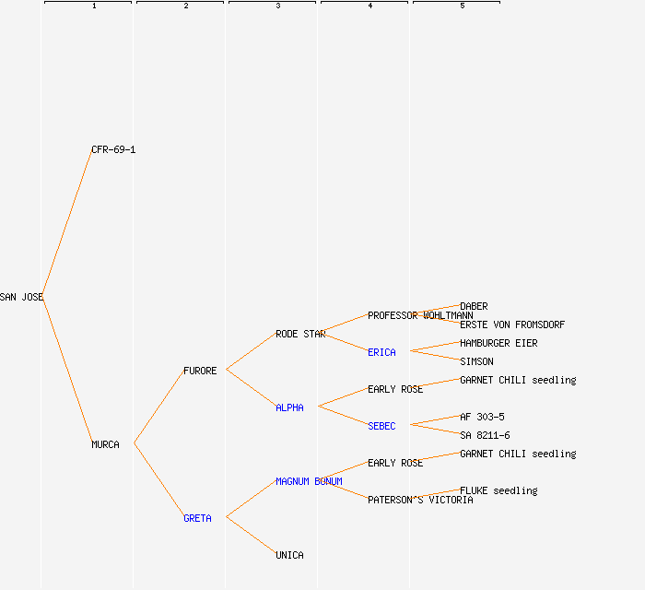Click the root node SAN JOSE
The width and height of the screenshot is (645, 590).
point(21,297)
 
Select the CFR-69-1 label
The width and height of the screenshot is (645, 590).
point(113,149)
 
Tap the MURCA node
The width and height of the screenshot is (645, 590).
point(105,444)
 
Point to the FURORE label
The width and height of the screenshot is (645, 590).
point(200,371)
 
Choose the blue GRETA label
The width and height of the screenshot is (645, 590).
point(197,518)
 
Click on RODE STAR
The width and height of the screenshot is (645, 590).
point(300,334)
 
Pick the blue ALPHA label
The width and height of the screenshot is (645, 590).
point(289,407)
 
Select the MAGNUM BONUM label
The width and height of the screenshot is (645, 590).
point(309,481)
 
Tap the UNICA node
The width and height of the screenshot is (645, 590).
point(289,555)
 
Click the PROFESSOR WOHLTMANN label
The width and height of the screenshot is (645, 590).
point(420,315)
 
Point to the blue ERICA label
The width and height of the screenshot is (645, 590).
point(381,352)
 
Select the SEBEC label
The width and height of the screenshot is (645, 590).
point(381,426)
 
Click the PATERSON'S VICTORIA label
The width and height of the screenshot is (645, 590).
point(420,500)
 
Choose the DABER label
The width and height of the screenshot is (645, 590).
point(474,306)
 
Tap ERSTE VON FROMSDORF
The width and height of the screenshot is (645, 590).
point(512,324)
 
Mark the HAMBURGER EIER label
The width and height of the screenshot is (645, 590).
point(498,343)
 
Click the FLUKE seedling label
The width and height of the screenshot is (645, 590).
point(498,490)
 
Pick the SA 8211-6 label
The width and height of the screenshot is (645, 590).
point(485,435)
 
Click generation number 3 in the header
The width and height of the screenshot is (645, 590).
point(278,6)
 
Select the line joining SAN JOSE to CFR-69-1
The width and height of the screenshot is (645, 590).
point(66,223)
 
